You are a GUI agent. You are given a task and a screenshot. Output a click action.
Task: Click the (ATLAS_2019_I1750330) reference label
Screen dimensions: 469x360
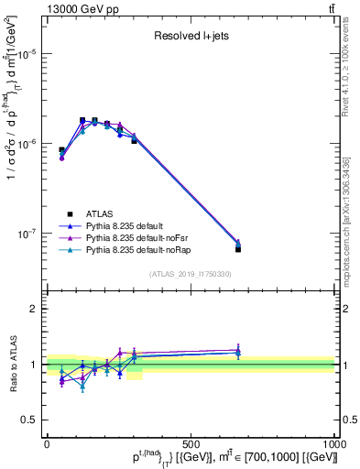click(x=190, y=273)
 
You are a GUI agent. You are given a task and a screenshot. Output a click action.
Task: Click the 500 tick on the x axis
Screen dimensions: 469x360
click(x=191, y=442)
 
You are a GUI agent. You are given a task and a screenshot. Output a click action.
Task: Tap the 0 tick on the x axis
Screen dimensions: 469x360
click(x=47, y=442)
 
